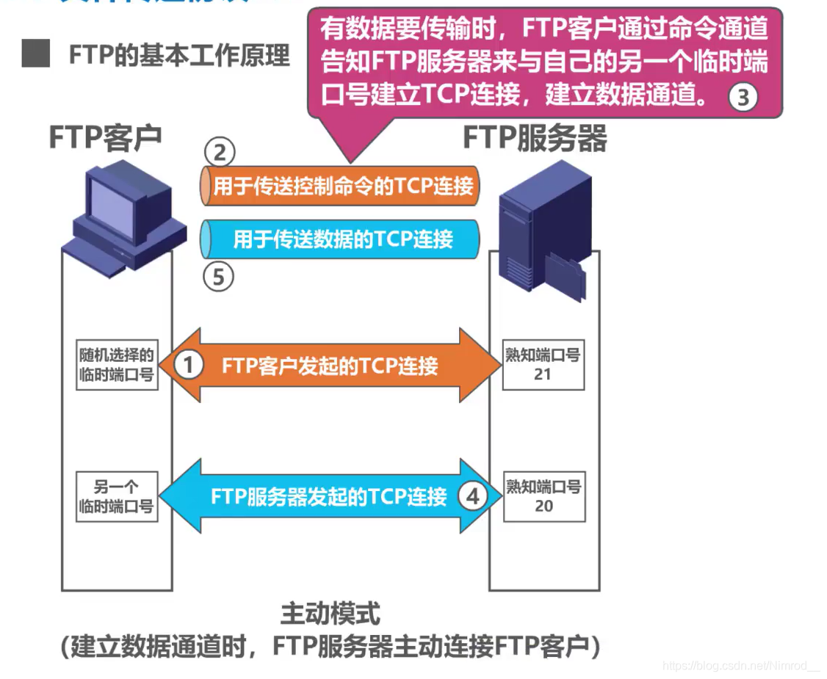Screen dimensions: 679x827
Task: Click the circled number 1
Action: [x=188, y=365]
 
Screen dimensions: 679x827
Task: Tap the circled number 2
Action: [x=219, y=153]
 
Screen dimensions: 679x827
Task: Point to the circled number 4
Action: [x=472, y=497]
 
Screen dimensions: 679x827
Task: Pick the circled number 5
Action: [x=219, y=277]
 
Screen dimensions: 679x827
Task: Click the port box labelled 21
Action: [x=543, y=365]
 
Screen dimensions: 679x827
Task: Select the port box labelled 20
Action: [x=543, y=497]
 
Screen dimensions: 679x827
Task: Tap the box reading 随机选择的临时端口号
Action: [x=117, y=365]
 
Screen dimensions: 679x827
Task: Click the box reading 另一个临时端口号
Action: [x=117, y=497]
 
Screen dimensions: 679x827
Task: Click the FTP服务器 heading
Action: [x=534, y=137]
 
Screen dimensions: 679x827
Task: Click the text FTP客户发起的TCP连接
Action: [x=330, y=366]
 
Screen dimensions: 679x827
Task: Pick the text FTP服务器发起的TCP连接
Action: [x=328, y=497]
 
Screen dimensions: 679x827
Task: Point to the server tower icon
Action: [x=543, y=228]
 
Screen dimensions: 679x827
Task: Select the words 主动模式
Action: [x=330, y=613]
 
